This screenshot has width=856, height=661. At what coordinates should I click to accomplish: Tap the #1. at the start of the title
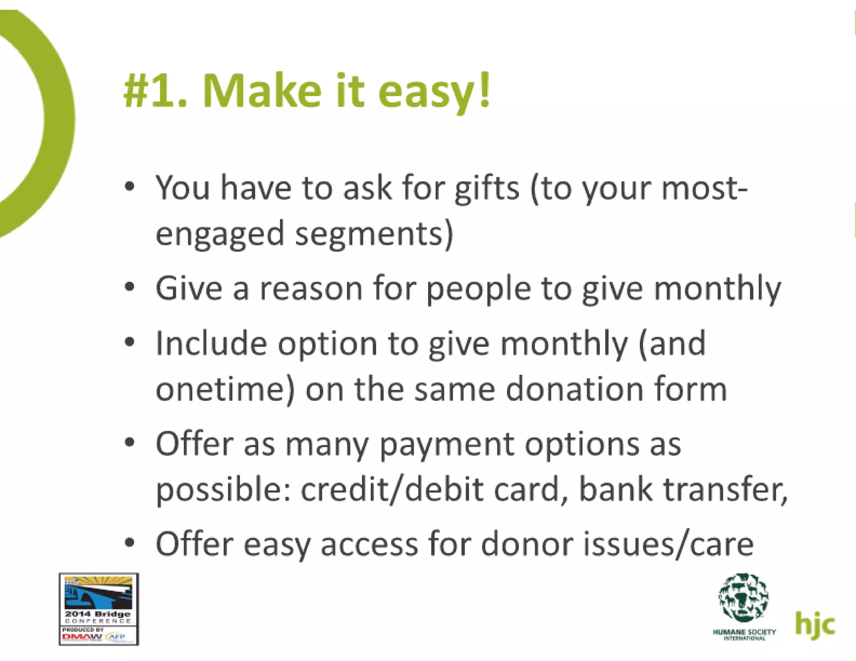click(155, 92)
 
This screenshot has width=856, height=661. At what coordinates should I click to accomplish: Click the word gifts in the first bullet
click(487, 189)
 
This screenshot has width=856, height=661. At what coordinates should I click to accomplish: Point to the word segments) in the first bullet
click(374, 235)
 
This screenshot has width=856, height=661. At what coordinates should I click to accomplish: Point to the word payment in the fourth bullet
click(447, 445)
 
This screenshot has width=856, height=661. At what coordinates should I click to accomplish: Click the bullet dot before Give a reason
click(130, 288)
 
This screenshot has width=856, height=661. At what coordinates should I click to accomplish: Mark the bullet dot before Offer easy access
click(130, 543)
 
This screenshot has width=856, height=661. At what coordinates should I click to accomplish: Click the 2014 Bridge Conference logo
click(99, 609)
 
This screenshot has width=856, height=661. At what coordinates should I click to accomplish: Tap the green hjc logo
click(815, 624)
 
